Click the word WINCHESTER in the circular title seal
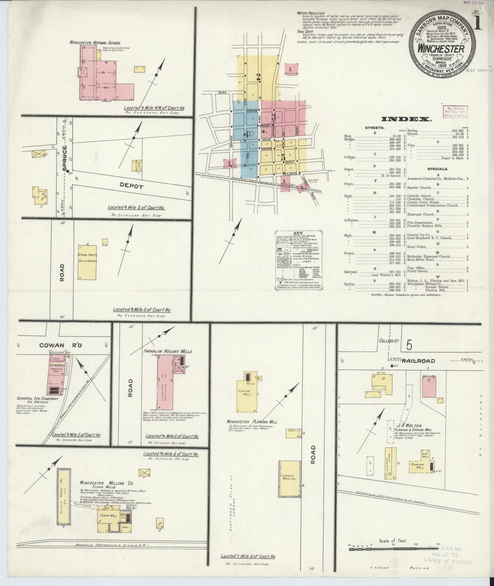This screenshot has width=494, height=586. coord(441,49)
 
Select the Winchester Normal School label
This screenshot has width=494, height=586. coord(95,43)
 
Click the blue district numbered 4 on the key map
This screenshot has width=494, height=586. coord(245,134)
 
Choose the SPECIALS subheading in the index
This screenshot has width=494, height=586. coord(438,169)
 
